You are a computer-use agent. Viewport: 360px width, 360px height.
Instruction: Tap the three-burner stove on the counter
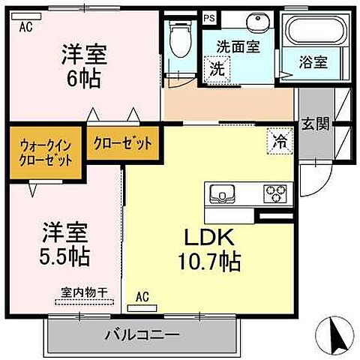point(274,193)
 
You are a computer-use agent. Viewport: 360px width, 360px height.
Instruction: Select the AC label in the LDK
point(142,298)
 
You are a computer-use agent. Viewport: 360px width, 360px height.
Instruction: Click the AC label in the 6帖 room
point(26,28)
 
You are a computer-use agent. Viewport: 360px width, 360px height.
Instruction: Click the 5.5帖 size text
point(65,256)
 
